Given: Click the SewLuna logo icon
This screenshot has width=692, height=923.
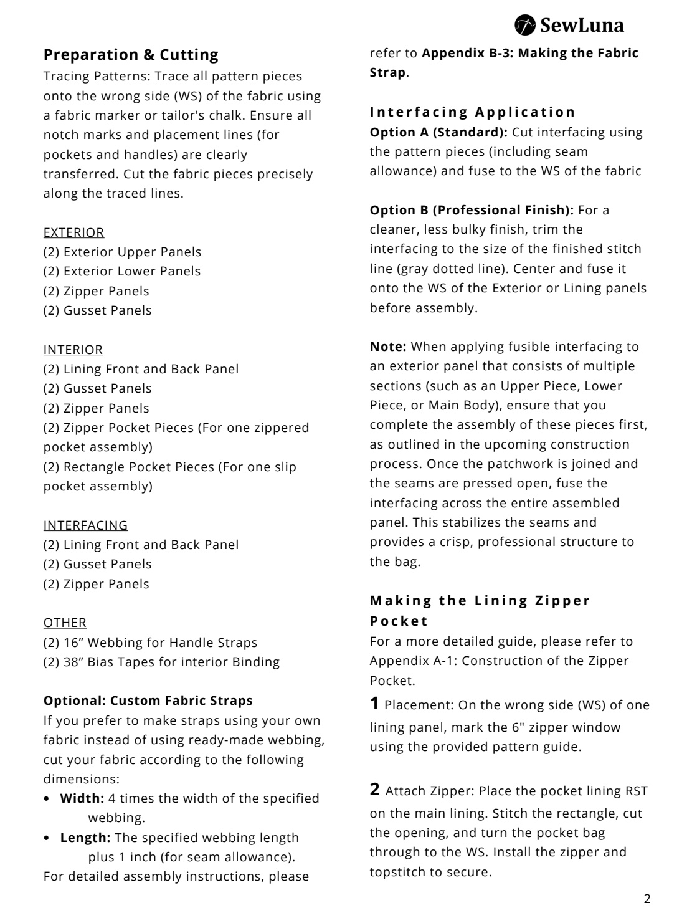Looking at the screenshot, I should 525,25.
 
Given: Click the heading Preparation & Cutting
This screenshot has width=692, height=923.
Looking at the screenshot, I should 131,55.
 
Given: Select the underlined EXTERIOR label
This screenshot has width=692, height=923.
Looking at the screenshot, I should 73,232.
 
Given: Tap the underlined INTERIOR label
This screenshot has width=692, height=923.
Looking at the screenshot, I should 73,350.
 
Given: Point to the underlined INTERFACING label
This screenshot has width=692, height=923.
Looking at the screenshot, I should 85,525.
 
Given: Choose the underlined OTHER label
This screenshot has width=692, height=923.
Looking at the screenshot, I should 65,623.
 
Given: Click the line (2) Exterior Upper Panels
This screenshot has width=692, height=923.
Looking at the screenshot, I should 122,252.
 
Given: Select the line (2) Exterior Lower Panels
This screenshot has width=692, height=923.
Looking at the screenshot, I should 122,271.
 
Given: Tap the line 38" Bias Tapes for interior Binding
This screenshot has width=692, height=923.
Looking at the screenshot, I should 161,662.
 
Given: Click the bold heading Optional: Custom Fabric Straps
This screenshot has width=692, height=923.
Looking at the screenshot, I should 148,701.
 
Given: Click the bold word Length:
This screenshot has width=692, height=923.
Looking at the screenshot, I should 85,838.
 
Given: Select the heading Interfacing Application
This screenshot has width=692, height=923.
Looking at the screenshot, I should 473,112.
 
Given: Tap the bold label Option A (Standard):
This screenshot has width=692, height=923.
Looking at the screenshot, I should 438,132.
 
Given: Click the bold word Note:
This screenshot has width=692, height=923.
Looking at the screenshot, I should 388,347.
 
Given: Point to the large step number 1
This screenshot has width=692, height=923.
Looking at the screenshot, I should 374,704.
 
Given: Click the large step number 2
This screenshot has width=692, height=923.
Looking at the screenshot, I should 374,790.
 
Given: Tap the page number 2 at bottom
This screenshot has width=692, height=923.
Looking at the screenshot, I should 647,899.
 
